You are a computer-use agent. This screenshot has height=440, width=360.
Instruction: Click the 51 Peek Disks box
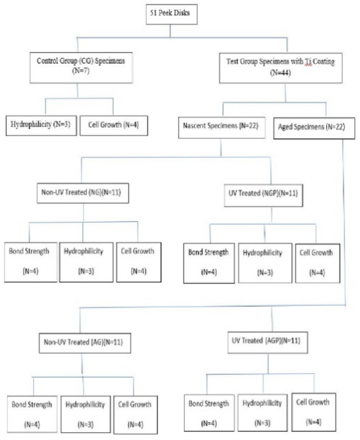171,14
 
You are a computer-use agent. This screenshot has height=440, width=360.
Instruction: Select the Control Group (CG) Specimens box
81,67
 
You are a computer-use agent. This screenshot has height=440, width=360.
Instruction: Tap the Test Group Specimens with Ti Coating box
280,67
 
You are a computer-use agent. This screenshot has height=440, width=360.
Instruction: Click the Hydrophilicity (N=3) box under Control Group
41,125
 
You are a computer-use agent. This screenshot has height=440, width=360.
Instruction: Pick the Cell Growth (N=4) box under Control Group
114,125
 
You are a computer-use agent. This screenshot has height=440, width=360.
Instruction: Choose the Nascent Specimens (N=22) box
222,127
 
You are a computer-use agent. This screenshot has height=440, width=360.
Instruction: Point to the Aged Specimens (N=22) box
314,128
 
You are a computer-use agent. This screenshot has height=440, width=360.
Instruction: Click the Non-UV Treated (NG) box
83,193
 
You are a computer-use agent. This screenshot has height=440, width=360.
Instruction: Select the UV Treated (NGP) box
263,195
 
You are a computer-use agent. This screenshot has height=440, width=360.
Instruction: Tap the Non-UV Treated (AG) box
85,342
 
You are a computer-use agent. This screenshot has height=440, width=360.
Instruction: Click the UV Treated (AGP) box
268,342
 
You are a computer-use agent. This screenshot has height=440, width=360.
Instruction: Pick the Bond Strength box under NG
31,262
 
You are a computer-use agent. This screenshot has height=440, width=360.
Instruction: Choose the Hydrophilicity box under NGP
265,263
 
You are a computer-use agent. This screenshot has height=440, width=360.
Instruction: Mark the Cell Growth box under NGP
318,263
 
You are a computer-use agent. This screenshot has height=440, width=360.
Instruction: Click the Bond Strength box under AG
32,414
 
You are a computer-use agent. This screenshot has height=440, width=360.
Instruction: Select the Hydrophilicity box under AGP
262,412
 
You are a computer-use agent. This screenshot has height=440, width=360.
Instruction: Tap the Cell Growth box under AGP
313,412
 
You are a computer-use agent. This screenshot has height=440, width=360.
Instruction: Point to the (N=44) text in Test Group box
280,73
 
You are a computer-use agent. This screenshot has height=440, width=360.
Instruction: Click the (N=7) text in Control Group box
81,71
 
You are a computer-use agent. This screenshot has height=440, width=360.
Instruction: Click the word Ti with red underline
308,62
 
